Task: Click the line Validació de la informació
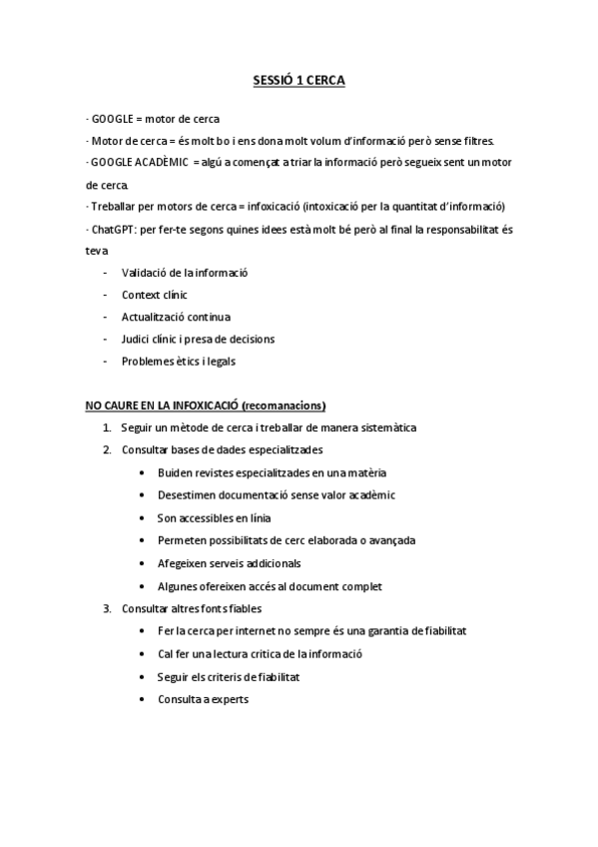(x=185, y=273)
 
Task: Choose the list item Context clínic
(x=154, y=295)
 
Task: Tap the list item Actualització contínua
(x=176, y=317)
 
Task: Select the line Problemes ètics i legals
(x=178, y=361)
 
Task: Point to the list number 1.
(x=106, y=427)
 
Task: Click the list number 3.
(x=106, y=608)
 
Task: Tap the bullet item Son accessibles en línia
(x=214, y=517)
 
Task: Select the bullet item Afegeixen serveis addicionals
(x=234, y=563)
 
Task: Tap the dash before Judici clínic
(x=106, y=339)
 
